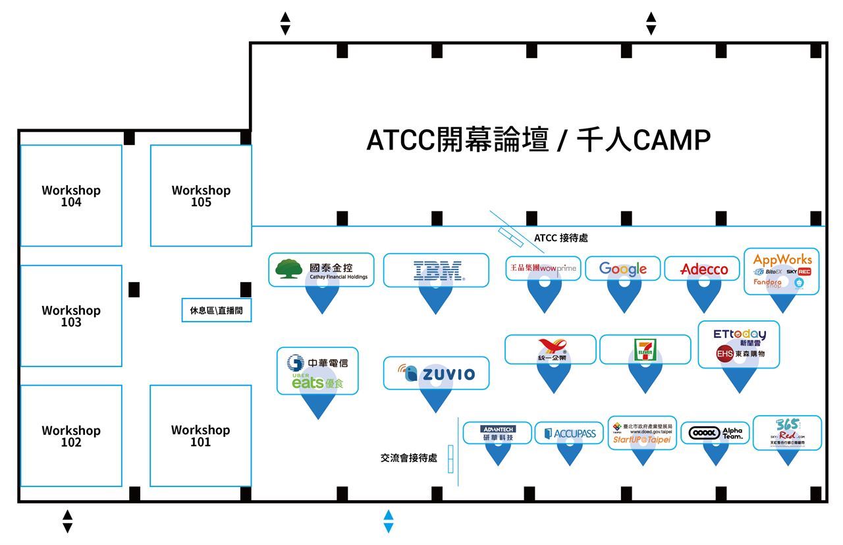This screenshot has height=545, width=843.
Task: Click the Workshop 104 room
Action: click(71, 196)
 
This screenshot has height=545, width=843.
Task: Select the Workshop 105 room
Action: click(201, 196)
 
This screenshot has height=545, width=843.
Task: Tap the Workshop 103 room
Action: click(71, 316)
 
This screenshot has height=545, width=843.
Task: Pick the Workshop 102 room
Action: click(71, 436)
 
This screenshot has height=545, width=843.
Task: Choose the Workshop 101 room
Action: click(200, 436)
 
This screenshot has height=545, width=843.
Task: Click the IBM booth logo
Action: click(436, 271)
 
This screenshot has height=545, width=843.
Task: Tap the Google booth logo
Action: click(623, 269)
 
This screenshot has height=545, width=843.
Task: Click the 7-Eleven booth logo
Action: click(645, 349)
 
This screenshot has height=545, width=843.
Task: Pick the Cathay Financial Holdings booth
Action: click(321, 270)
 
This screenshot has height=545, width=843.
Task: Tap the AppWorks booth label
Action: click(782, 259)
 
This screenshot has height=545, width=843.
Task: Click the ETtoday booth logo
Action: click(739, 334)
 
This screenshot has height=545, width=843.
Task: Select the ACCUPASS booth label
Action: click(569, 433)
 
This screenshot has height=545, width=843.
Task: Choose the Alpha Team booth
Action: click(715, 433)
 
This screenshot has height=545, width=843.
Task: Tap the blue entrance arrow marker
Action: click(388, 521)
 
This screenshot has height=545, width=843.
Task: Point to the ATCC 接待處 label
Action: click(560, 238)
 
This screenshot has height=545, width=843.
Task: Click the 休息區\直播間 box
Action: click(216, 310)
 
